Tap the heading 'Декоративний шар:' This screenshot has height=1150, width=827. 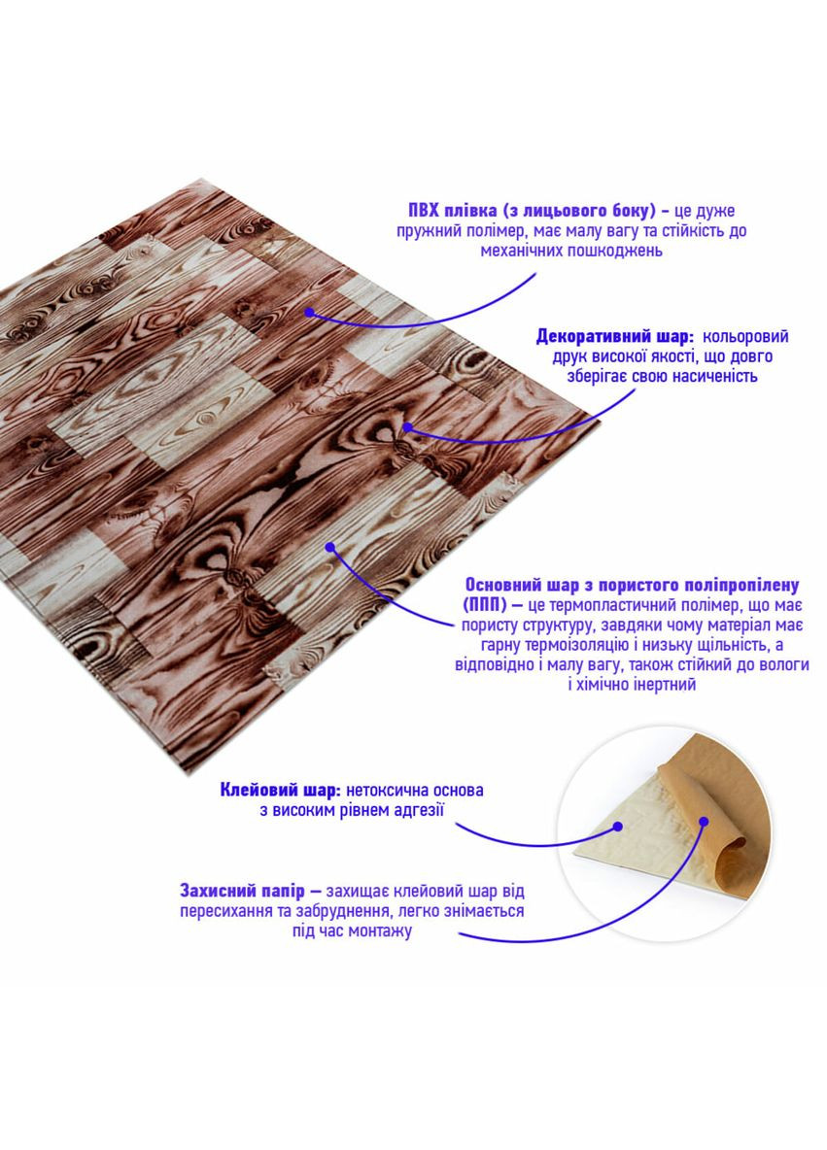click(x=614, y=337)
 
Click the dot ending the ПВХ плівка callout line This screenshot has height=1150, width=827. click(x=309, y=312)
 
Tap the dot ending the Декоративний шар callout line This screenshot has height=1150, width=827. click(x=408, y=426)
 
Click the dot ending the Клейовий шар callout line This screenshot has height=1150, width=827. click(x=616, y=828)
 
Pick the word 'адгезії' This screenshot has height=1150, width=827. click(x=419, y=809)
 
